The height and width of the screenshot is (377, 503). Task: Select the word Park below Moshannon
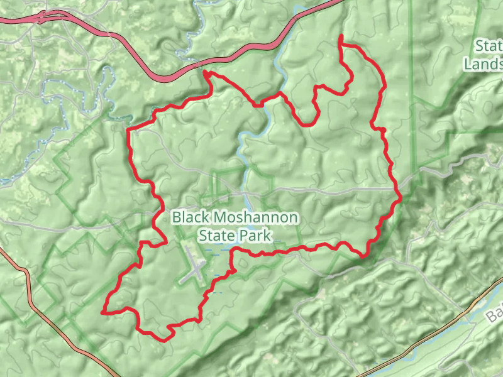click(257, 236)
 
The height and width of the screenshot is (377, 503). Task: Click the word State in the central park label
click(216, 236)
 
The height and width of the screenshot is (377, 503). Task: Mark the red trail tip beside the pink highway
click(205, 73)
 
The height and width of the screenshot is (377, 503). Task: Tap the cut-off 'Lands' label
click(483, 63)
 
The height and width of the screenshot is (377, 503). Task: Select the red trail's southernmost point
click(165, 340)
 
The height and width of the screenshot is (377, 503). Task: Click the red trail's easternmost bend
click(400, 197)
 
